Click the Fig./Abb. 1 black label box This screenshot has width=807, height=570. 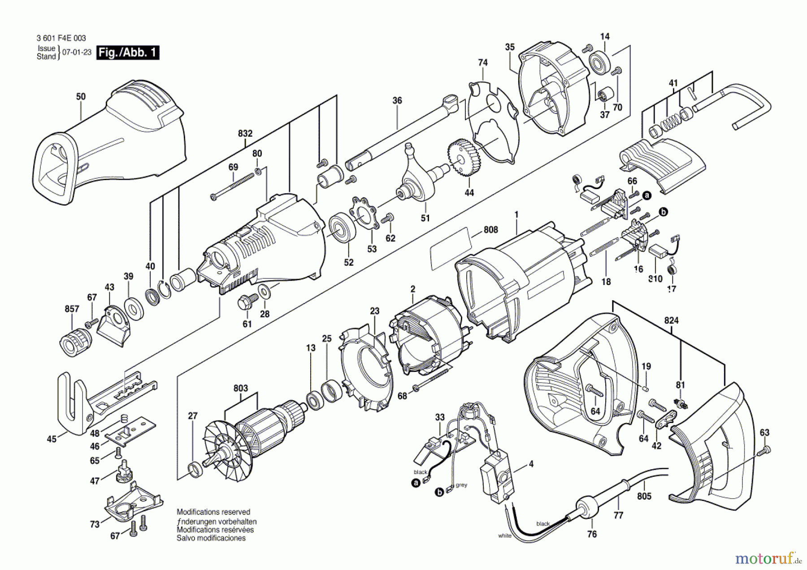[x=128, y=52]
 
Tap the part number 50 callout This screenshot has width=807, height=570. [x=81, y=97]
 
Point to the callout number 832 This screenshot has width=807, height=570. [x=245, y=134]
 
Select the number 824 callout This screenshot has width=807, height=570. [x=671, y=321]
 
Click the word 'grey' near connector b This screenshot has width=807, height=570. [x=461, y=485]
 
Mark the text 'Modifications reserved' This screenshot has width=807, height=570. [x=213, y=512]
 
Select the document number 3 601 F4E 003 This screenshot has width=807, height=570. [x=61, y=39]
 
